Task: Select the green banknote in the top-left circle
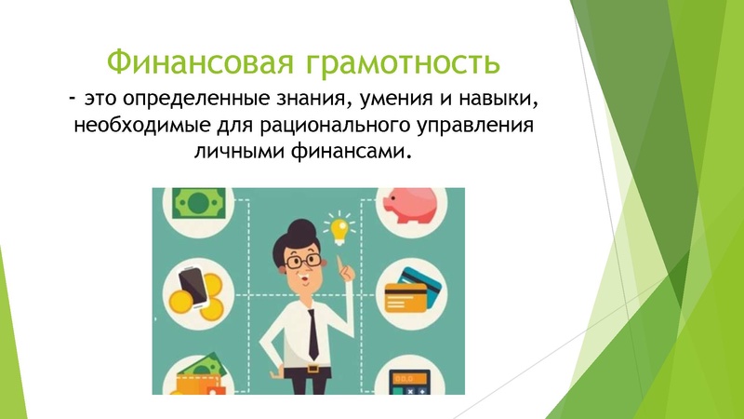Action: pyautogui.click(x=197, y=202)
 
